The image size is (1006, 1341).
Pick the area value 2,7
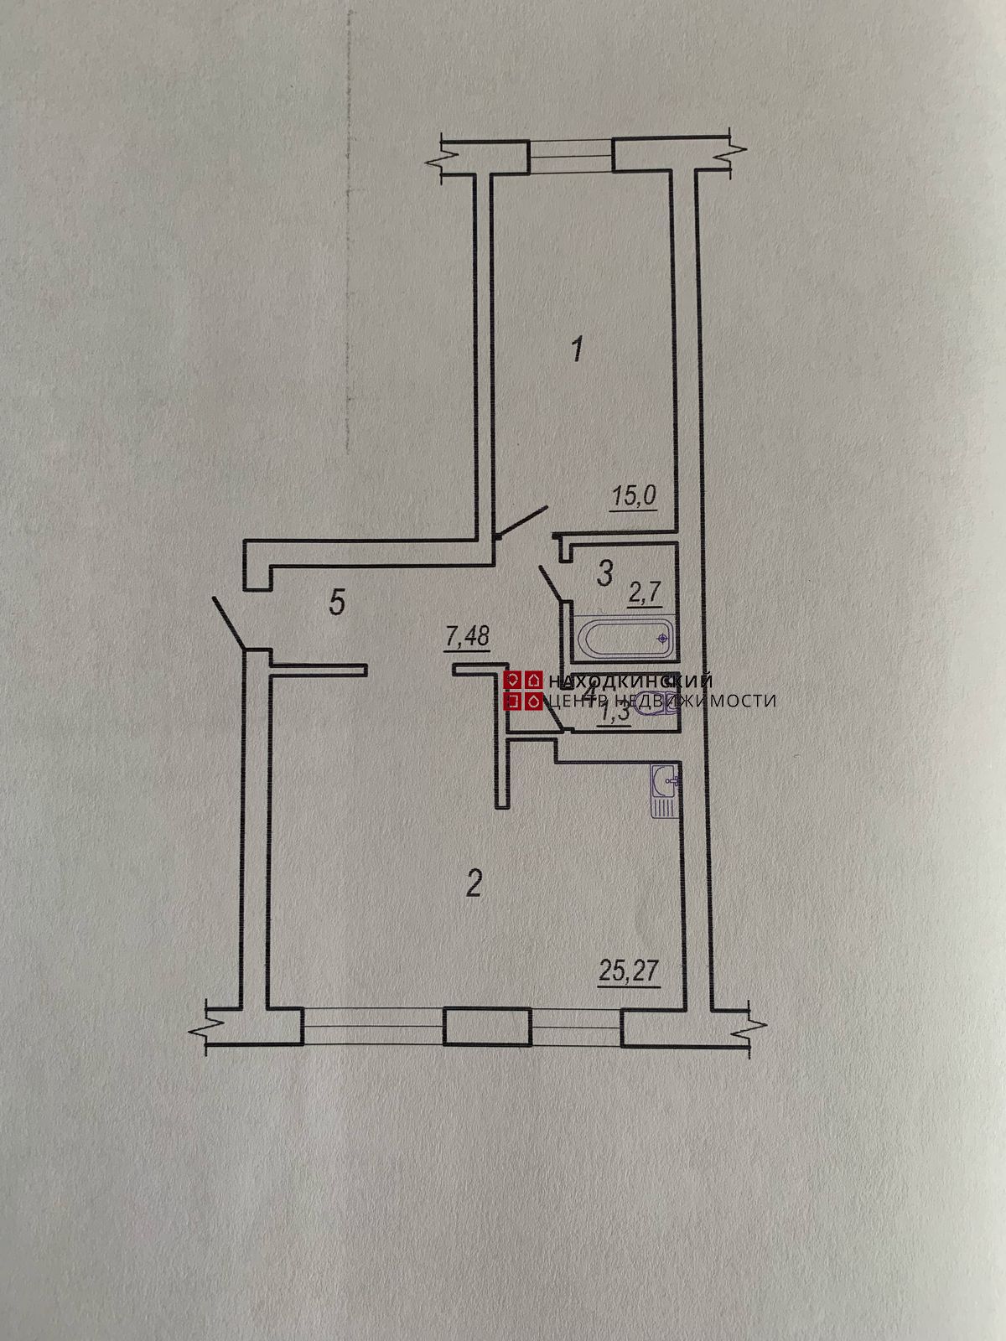click(x=646, y=594)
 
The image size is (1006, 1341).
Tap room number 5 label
click(x=337, y=603)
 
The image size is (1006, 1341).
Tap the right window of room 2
click(x=576, y=1027)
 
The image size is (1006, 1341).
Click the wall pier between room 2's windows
click(x=487, y=1027)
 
